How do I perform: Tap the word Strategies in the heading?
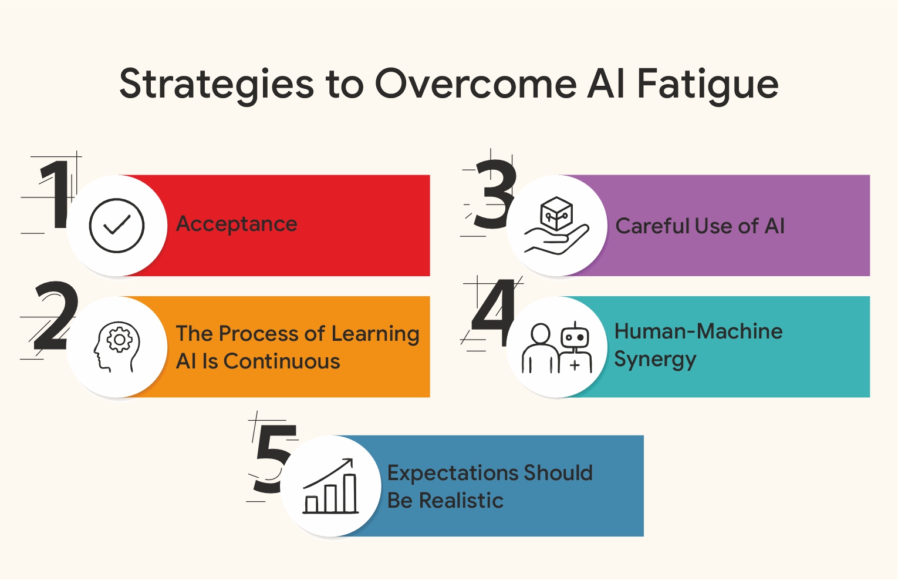pos(217,84)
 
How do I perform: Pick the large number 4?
pos(494,313)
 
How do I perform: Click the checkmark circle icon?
pos(117,226)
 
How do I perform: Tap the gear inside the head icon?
pos(120,339)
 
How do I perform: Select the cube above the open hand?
pos(556,213)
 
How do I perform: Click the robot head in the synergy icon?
pos(575,337)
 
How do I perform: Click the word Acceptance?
pos(237,224)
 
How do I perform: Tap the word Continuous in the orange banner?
pos(282,361)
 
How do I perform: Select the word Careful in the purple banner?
pos(651,226)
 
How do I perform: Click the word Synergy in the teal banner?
pos(655,360)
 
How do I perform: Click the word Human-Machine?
pos(698,331)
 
